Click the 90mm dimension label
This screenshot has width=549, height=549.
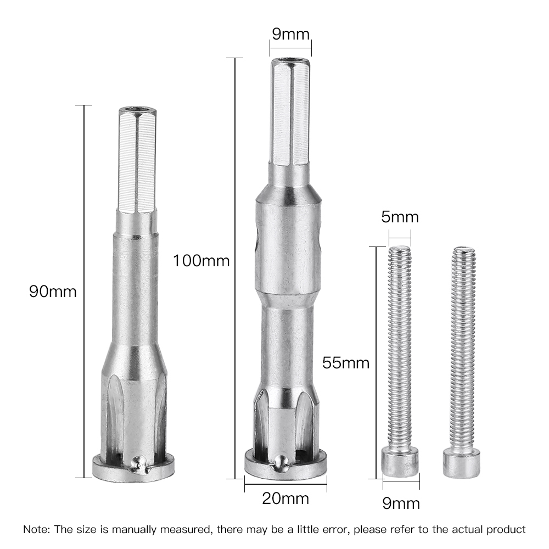pyautogui.click(x=53, y=291)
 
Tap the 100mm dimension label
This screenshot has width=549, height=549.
pyautogui.click(x=201, y=260)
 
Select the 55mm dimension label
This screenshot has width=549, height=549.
pyautogui.click(x=346, y=362)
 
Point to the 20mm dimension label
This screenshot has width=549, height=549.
pyautogui.click(x=285, y=498)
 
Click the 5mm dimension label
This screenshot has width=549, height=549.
pyautogui.click(x=400, y=217)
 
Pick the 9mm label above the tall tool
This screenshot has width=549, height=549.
pyautogui.click(x=290, y=34)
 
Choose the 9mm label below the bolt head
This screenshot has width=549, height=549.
pyautogui.click(x=401, y=503)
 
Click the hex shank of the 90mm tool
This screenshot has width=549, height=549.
pyautogui.click(x=136, y=159)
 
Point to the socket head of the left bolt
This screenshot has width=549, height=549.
pyautogui.click(x=400, y=461)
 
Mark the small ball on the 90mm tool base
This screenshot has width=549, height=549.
pyautogui.click(x=139, y=466)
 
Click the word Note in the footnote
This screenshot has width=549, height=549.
pyautogui.click(x=36, y=530)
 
